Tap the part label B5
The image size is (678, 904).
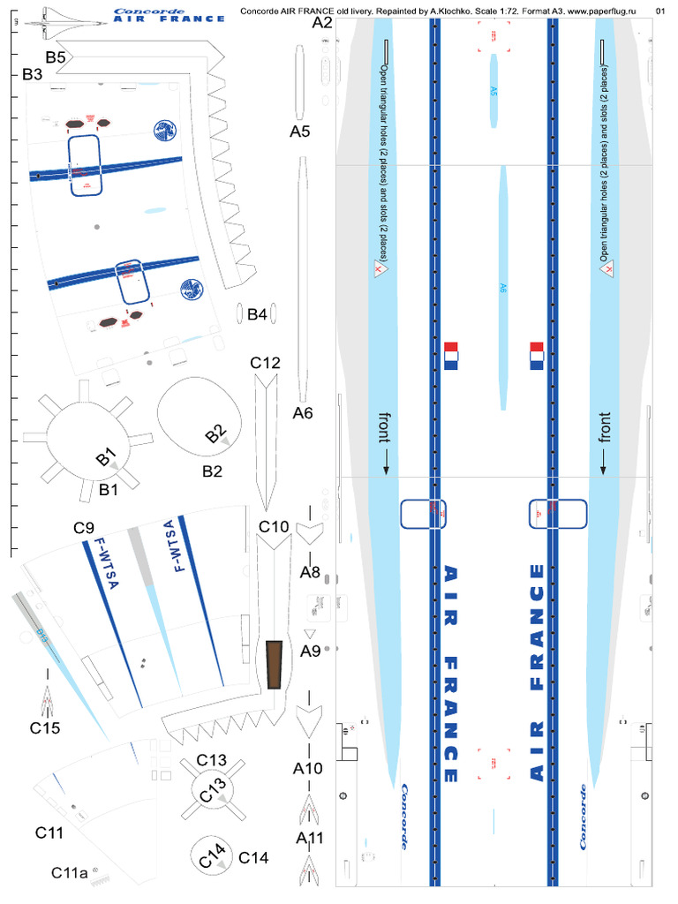[x=57, y=58]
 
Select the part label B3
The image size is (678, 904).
[x=33, y=76]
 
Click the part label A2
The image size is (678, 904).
[x=321, y=24]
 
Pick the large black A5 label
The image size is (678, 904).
[x=301, y=132]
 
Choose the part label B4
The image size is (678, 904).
[x=257, y=314]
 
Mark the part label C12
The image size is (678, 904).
[x=265, y=363]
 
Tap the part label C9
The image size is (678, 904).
[x=84, y=528]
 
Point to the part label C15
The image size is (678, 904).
[x=44, y=728]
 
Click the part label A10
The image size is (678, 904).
[x=308, y=768]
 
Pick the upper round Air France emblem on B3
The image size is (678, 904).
[x=164, y=132]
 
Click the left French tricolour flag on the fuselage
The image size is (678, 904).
[x=452, y=355]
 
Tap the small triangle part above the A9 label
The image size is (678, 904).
[x=309, y=634]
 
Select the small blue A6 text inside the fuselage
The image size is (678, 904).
[x=502, y=288]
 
